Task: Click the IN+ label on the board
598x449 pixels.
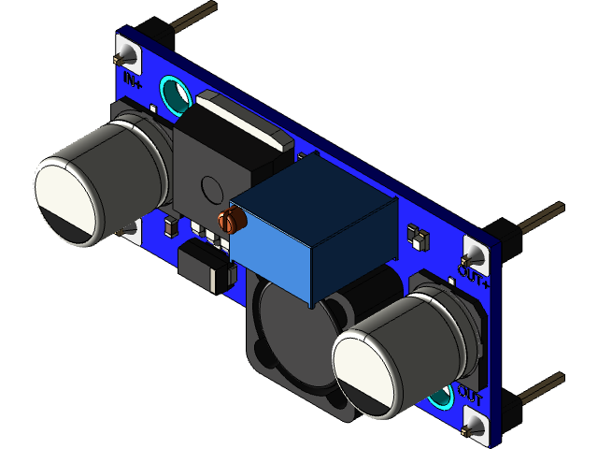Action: pos(132,80)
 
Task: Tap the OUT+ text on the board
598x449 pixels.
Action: pos(473,276)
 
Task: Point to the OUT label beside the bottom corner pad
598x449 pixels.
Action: pos(470,398)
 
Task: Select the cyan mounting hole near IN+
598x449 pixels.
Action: pos(174,94)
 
